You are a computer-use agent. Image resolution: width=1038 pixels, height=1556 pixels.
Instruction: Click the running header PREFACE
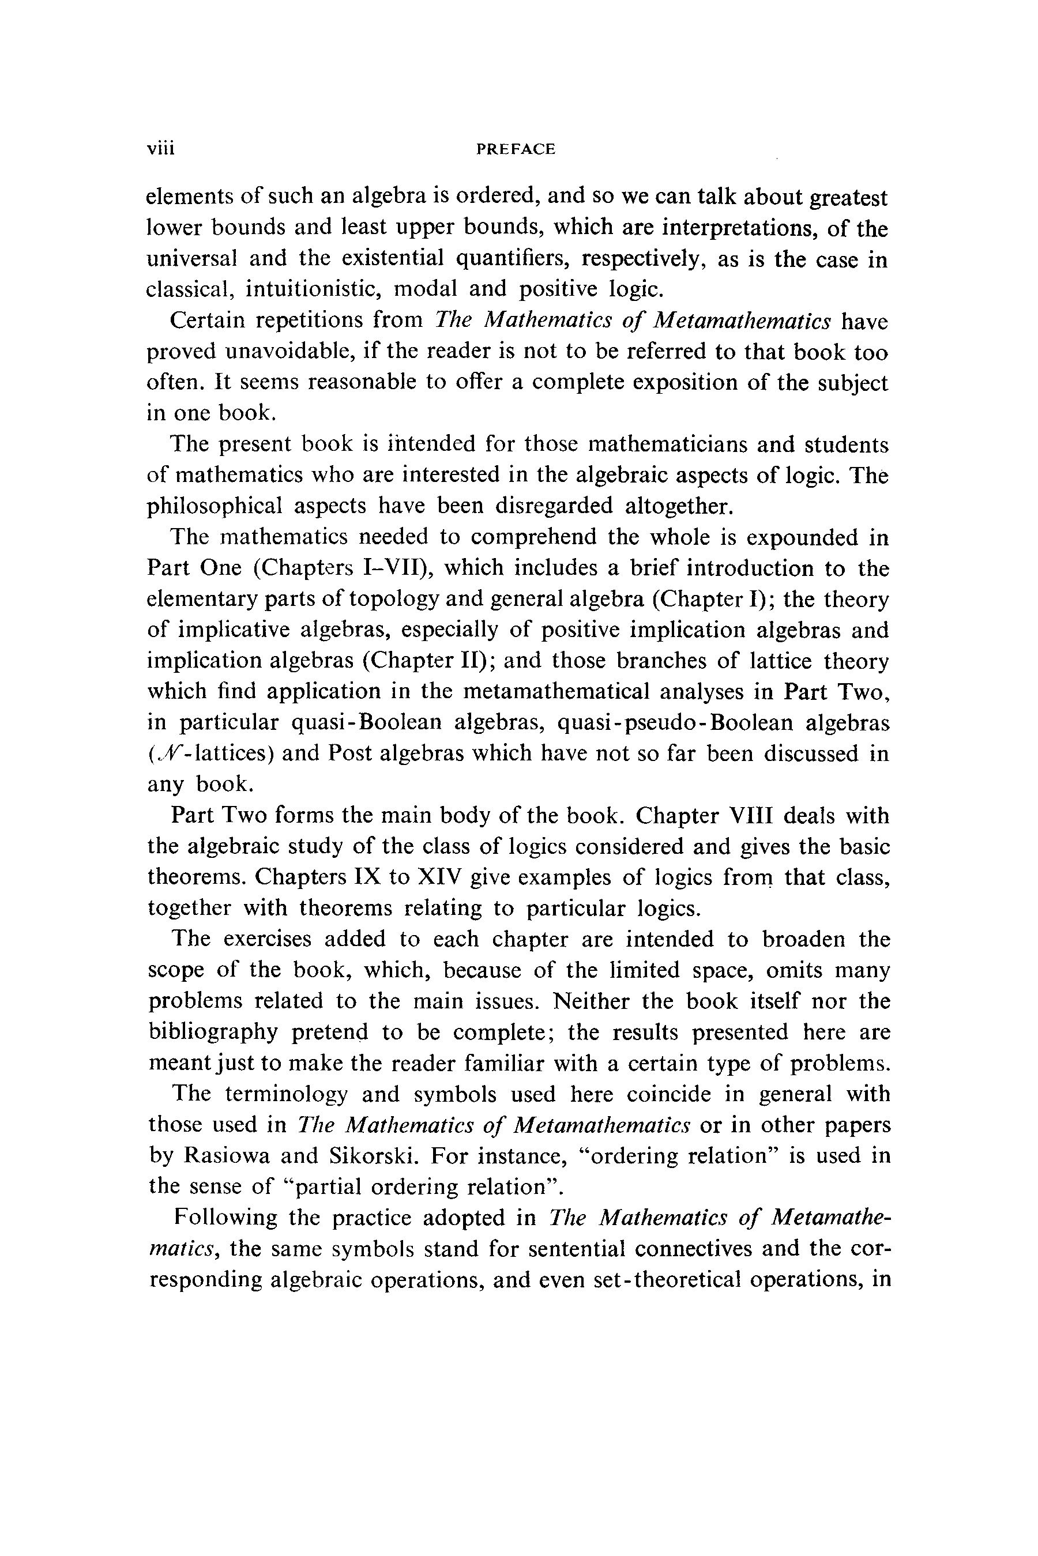(x=516, y=149)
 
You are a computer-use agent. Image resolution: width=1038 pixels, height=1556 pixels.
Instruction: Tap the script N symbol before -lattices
(x=161, y=752)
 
